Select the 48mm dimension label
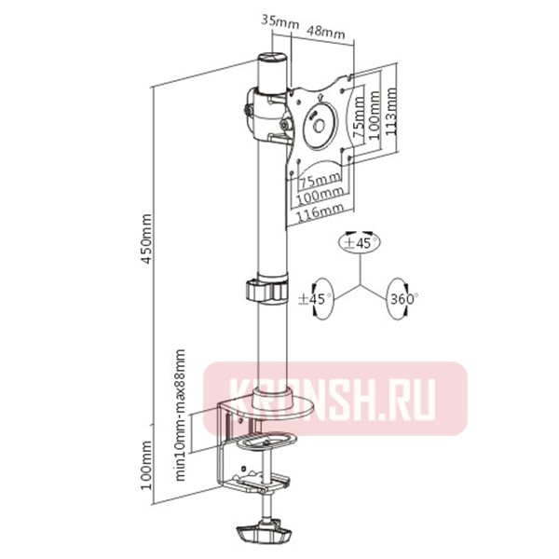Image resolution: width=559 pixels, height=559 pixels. click(x=326, y=33)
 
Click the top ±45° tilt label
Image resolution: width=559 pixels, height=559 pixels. click(x=361, y=242)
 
